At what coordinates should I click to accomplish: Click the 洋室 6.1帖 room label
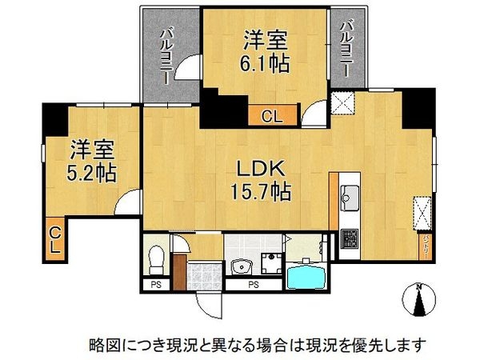[x=265, y=50]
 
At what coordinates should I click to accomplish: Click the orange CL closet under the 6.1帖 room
[x=271, y=117]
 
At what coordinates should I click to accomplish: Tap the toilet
[x=158, y=258]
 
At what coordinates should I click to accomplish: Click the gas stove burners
[x=350, y=238]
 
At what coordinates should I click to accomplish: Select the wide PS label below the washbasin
[x=252, y=283]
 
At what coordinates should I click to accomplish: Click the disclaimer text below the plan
[x=257, y=345]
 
